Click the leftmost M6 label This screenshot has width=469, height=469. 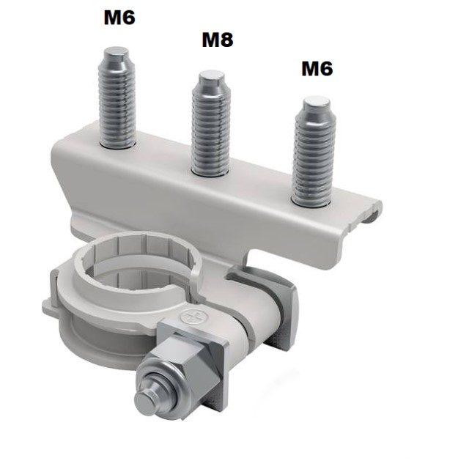[x=119, y=17]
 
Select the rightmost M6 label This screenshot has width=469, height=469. [x=317, y=69]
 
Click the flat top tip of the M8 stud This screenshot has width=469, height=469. [x=213, y=75]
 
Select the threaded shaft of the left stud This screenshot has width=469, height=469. [x=117, y=103]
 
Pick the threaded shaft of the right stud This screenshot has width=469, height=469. [x=315, y=158]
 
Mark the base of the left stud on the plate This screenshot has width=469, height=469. [x=117, y=144]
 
